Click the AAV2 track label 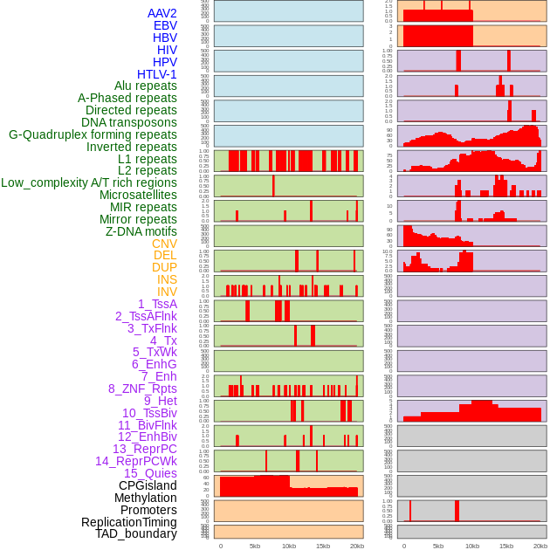162,13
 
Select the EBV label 165,25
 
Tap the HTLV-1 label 157,74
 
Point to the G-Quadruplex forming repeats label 93,134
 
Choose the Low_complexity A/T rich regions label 89,182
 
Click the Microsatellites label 138,195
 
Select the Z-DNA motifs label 141,231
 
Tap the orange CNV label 164,244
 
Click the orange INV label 167,292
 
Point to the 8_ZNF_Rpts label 142,388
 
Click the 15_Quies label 150,473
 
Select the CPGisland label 148,485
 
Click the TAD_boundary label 136,533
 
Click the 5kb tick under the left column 255,546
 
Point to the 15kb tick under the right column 506,546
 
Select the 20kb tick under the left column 357,546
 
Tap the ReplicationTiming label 129,522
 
